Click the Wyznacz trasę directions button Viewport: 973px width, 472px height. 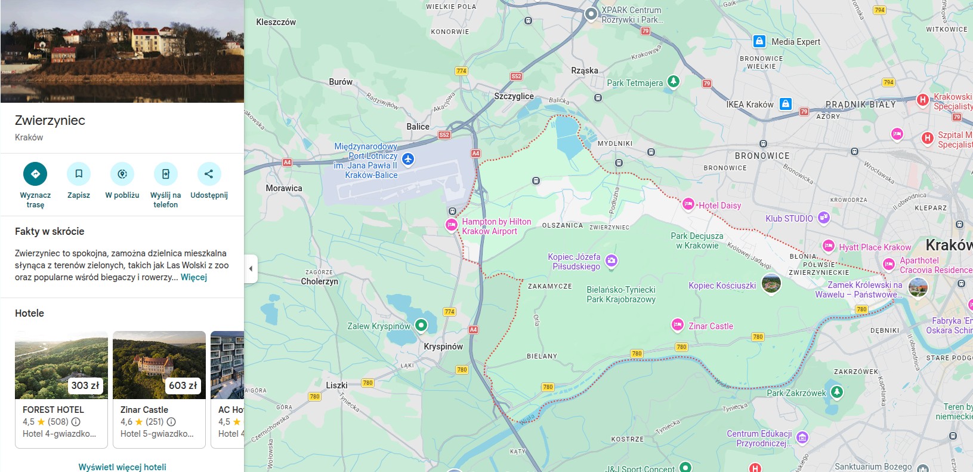[35, 174]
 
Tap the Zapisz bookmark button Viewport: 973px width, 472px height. [79, 174]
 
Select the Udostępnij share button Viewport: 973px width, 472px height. [209, 174]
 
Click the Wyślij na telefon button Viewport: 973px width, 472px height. [165, 174]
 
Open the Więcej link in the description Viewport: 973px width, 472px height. [194, 277]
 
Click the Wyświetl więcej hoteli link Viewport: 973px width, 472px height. [122, 467]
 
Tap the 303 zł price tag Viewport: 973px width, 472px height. [85, 385]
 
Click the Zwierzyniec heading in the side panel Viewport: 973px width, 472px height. [50, 120]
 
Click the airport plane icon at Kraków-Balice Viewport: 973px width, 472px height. [408, 159]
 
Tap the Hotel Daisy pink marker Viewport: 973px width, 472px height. [688, 204]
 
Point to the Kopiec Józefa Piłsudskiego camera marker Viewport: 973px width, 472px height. [611, 260]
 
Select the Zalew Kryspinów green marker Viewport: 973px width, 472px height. [421, 325]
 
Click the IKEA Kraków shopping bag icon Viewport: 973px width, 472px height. [786, 104]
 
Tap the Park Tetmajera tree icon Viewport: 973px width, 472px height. [674, 81]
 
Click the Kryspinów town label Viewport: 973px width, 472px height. [443, 347]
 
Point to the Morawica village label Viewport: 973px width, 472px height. [284, 188]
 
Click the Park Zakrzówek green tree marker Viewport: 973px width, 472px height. [837, 392]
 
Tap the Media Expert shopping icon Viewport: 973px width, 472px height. [759, 41]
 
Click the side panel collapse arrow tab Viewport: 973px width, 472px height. [251, 269]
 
